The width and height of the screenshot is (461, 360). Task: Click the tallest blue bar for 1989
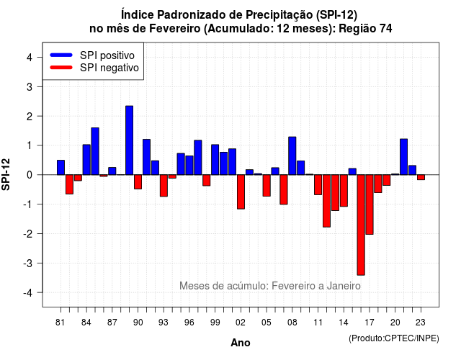(130, 140)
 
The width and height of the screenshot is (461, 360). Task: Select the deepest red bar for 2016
(361, 225)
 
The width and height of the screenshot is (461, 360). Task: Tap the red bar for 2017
(370, 204)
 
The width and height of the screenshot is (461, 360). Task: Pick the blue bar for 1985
(95, 151)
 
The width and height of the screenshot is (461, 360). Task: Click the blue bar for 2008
(292, 156)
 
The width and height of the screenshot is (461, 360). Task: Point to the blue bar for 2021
(404, 157)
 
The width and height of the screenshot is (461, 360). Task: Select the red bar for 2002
(241, 192)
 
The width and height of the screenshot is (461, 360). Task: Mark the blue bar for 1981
(61, 168)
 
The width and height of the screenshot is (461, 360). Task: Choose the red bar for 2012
(326, 201)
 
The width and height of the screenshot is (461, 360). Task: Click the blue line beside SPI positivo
(61, 55)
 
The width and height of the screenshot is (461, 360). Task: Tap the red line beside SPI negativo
(61, 67)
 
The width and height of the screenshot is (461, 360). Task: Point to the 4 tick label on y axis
(30, 58)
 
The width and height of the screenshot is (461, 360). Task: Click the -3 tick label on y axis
(28, 263)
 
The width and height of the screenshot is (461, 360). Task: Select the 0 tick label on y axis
(30, 175)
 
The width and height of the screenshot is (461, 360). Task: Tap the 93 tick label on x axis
(164, 323)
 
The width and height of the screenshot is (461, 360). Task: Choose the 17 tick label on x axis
(370, 323)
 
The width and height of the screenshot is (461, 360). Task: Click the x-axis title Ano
(241, 343)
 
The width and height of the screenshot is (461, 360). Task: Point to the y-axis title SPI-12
(6, 174)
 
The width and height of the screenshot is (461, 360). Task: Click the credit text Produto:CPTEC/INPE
(394, 338)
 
